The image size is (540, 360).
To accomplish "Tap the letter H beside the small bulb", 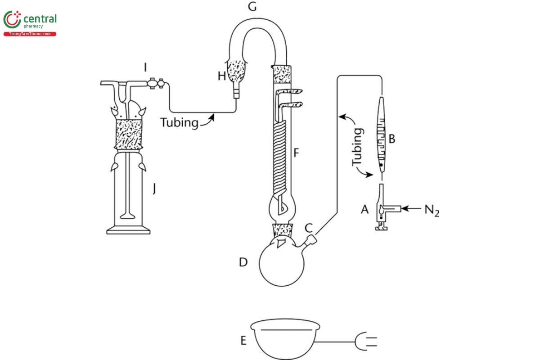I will pos(221,76).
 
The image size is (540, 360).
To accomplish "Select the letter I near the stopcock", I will pos(145,67).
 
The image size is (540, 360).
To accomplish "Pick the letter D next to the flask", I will pos(243,262).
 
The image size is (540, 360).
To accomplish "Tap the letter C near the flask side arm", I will pos(309,228).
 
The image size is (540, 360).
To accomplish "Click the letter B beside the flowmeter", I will pos(391,139).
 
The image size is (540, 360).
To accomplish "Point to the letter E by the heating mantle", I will pos(243,341).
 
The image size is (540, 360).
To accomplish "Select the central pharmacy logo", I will pos(30,22).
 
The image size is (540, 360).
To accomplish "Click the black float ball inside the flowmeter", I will pos(380,166).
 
